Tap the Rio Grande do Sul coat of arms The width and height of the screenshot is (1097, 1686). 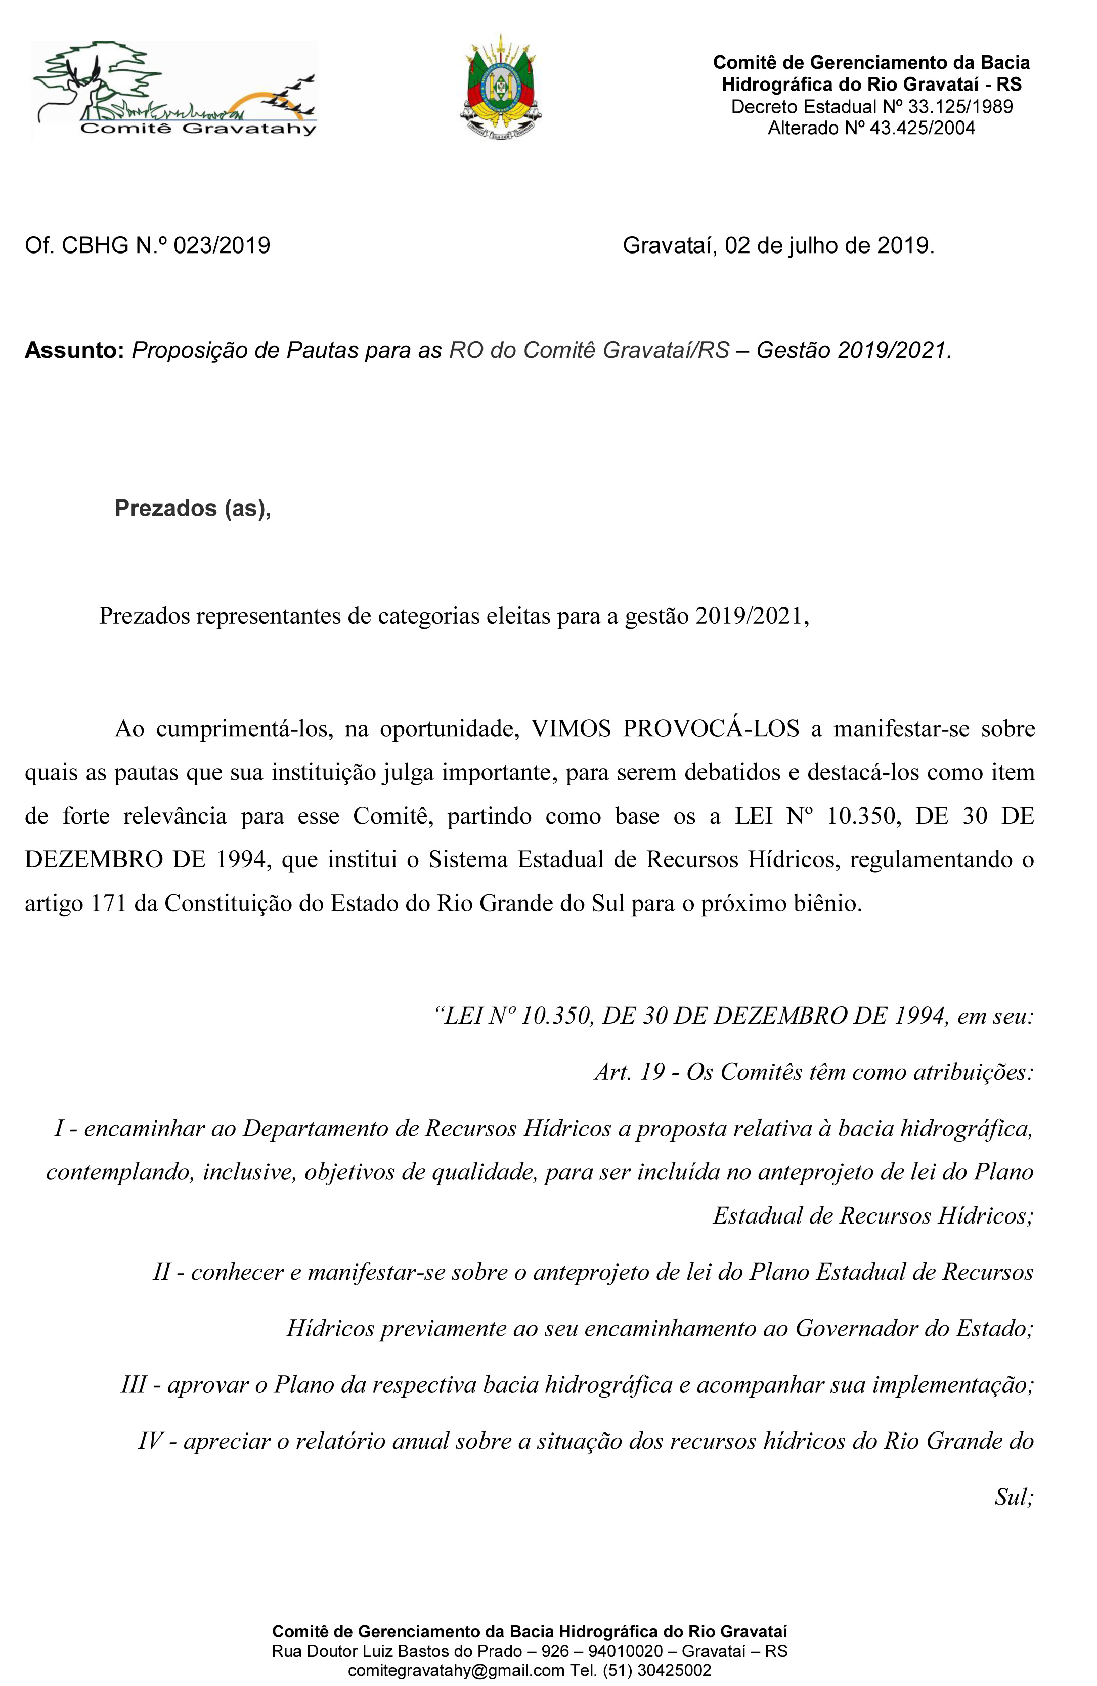pos(501,87)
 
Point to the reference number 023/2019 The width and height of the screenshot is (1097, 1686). pos(222,246)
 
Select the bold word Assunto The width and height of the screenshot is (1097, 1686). pos(74,350)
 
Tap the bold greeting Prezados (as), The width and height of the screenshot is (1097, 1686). pos(193,508)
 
